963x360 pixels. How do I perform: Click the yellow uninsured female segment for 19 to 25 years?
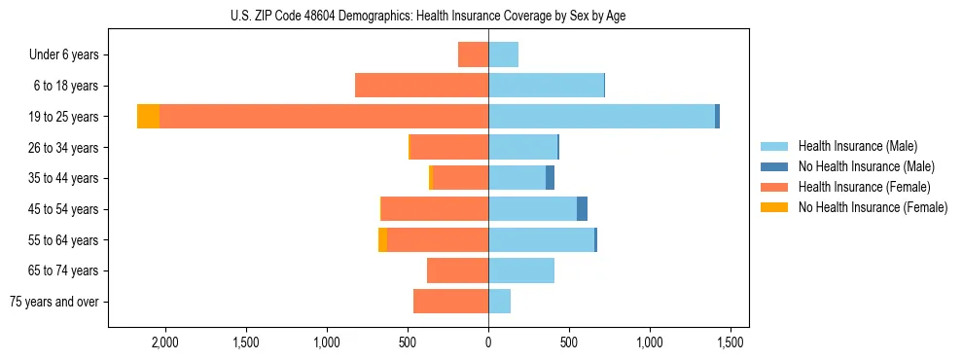click(148, 117)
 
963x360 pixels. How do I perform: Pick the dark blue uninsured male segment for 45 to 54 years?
click(582, 209)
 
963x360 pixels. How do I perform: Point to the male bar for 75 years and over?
click(499, 302)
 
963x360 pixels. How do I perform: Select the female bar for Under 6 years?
click(473, 55)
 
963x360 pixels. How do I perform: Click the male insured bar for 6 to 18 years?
click(594, 86)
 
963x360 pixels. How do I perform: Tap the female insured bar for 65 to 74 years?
click(457, 270)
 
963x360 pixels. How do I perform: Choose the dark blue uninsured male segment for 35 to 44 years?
click(550, 178)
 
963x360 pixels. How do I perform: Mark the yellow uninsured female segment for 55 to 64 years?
click(382, 240)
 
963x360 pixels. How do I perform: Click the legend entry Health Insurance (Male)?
click(857, 146)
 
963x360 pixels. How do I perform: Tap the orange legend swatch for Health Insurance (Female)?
click(774, 187)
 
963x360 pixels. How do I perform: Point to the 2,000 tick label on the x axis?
click(163, 342)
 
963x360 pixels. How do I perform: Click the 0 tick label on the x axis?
click(488, 342)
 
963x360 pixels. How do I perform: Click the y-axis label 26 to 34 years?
click(64, 148)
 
